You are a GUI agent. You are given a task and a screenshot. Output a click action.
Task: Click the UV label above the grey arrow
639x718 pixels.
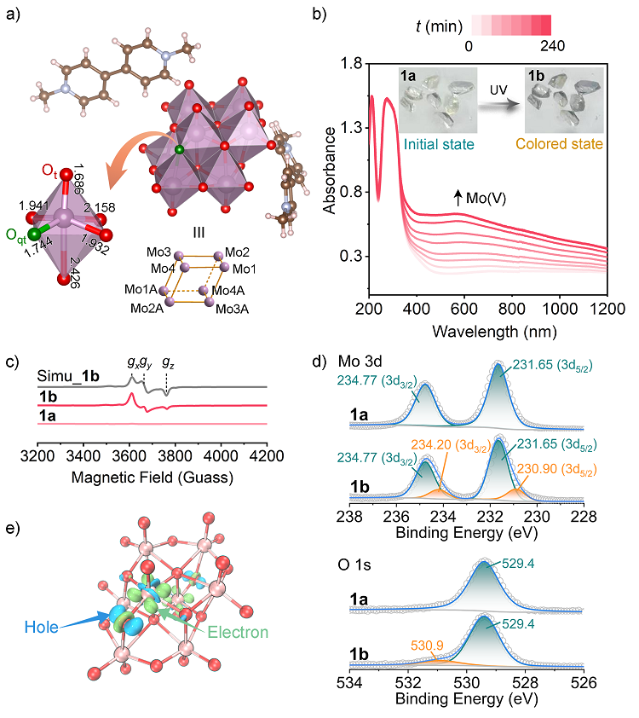[x=498, y=89]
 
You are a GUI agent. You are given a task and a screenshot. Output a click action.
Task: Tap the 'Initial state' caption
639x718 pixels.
[x=439, y=145]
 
